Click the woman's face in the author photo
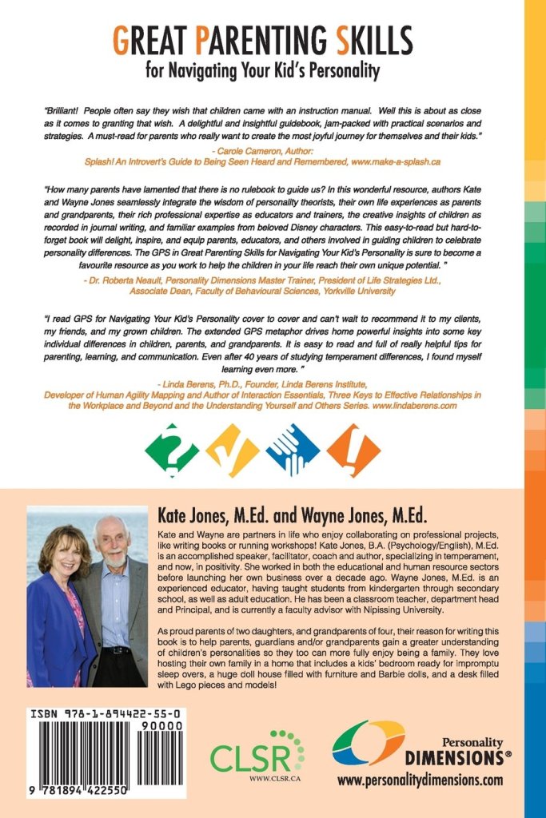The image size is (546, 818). (x=63, y=551)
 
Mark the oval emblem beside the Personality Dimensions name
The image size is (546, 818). (x=368, y=743)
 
